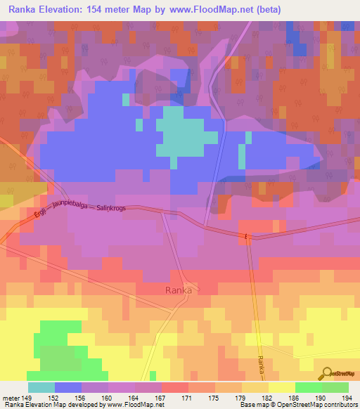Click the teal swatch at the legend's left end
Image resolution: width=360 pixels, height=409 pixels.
pos(41,387)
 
